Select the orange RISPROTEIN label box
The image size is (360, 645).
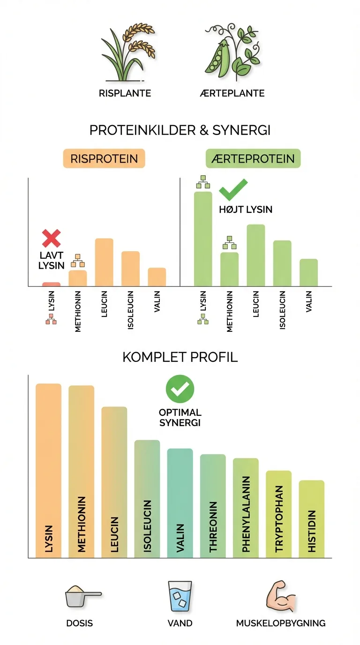104,158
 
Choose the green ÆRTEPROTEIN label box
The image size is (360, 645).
253,158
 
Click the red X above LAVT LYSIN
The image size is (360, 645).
51,239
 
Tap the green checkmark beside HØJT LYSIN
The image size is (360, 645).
233,189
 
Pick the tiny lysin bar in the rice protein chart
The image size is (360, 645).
51,284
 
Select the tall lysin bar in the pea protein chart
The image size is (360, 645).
203,239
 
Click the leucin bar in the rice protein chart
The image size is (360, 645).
104,262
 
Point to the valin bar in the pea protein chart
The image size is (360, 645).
308,272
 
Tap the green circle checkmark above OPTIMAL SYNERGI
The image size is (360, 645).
180,389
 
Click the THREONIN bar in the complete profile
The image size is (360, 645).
213,506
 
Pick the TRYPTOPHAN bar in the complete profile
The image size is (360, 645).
278,514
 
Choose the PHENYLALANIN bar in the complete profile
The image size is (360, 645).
246,508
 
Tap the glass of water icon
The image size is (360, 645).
180,596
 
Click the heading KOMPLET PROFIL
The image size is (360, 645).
180,357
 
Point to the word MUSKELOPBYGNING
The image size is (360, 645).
281,623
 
